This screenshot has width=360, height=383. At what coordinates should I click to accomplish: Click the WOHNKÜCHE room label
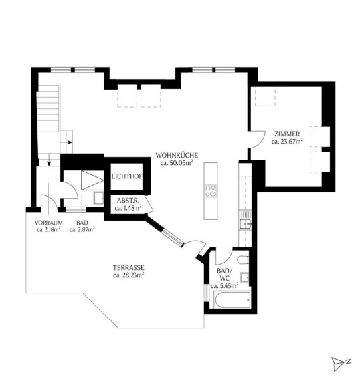[177, 156]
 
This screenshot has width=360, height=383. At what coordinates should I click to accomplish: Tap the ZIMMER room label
[287, 134]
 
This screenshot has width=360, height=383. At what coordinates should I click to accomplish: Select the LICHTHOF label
[127, 176]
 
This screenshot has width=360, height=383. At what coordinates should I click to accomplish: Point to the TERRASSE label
[129, 267]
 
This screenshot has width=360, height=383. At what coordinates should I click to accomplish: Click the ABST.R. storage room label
[128, 201]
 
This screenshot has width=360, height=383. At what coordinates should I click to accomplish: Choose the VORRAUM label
[48, 223]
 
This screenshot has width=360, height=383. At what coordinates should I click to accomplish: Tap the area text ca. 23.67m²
[287, 141]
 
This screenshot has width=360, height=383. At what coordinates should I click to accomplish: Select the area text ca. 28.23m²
[129, 275]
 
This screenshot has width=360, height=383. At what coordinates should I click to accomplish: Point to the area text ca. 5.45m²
[225, 285]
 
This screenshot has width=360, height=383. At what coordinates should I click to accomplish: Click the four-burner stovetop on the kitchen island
[211, 191]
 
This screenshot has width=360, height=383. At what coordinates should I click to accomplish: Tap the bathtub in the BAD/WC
[232, 299]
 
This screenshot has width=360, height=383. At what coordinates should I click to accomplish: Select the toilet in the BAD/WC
[243, 259]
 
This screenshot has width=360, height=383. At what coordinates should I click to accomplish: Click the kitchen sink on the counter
[245, 223]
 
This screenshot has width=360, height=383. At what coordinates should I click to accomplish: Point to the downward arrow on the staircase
[49, 160]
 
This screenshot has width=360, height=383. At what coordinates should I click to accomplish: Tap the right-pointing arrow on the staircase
[66, 142]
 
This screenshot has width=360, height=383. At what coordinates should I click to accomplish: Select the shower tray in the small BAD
[92, 180]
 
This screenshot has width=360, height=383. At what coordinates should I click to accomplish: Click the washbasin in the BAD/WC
[244, 278]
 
